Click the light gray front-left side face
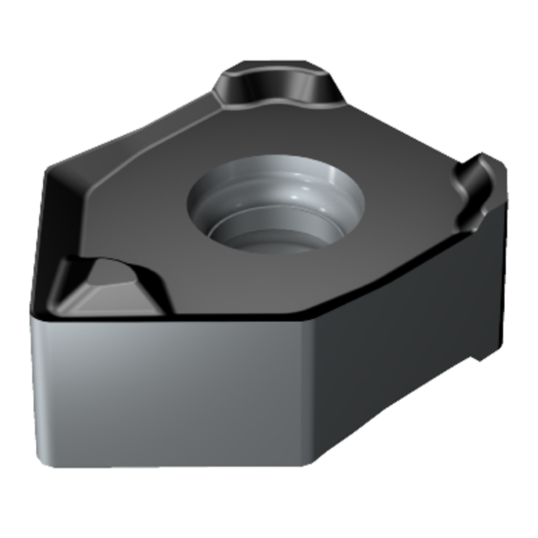pyautogui.click(x=166, y=391)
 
